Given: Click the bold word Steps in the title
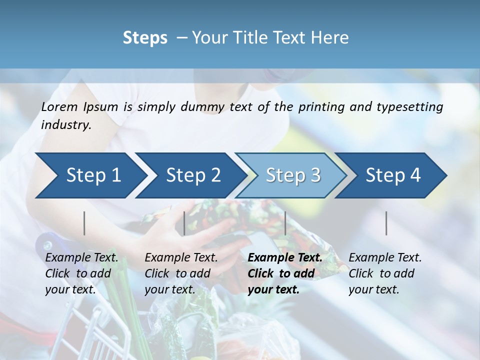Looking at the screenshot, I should (x=145, y=38).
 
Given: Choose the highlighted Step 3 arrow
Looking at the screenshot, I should (x=293, y=175).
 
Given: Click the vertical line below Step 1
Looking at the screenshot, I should (x=84, y=223).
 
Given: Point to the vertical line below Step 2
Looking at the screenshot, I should (x=184, y=223).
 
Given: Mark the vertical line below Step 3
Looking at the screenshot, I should (x=285, y=223).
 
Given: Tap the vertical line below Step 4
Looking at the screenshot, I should (x=386, y=223).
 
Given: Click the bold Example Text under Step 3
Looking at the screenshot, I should (x=285, y=273).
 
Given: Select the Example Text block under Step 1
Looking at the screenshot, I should (x=81, y=273).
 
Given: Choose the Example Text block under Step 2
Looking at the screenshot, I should (x=181, y=273).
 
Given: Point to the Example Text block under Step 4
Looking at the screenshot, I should (x=385, y=273).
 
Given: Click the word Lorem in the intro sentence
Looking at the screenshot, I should (x=59, y=107).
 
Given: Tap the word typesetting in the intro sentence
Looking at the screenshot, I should (x=412, y=107).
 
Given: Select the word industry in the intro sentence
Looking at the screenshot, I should (x=66, y=125).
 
